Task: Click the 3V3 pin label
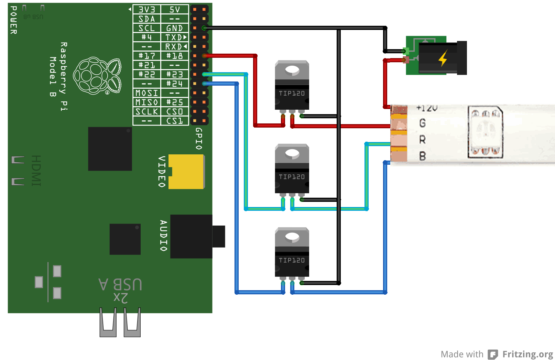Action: tap(147, 9)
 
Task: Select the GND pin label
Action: tap(174, 28)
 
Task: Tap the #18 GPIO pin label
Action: tap(174, 56)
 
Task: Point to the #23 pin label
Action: tap(174, 74)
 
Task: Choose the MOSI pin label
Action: tap(147, 93)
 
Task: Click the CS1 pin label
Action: tap(174, 121)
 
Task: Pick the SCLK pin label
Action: tap(147, 111)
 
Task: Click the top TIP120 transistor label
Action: tap(292, 93)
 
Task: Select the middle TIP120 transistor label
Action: tap(292, 177)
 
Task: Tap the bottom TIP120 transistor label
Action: tap(292, 260)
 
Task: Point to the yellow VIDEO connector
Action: tap(187, 172)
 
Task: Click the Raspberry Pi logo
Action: tap(97, 76)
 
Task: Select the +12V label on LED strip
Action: tap(426, 108)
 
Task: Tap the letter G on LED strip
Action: tap(423, 123)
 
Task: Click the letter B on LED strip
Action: tap(423, 156)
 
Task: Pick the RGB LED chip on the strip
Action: tap(485, 132)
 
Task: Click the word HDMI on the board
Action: tap(36, 171)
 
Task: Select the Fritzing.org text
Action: tap(527, 354)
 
